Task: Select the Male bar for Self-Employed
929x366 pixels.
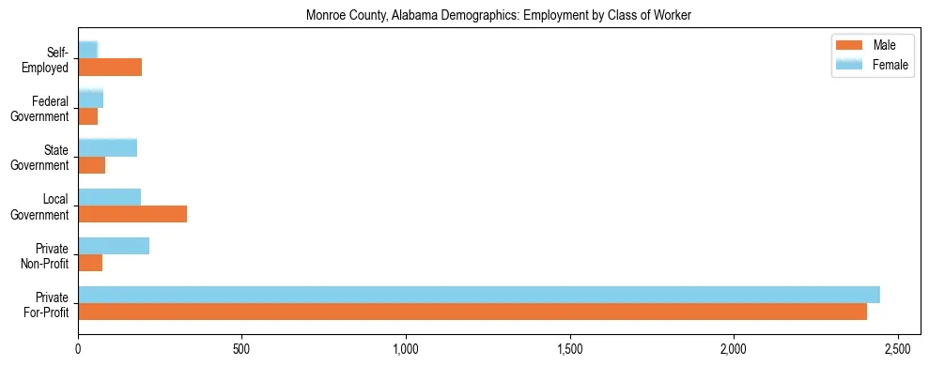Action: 110,67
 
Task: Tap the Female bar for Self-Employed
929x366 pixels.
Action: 88,50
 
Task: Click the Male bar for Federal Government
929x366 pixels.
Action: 88,115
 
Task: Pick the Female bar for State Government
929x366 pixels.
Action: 108,147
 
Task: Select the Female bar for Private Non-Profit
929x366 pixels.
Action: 114,246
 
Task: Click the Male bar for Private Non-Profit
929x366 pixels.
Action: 90,263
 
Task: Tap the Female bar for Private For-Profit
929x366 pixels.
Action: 479,295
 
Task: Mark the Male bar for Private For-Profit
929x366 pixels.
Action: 472,312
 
